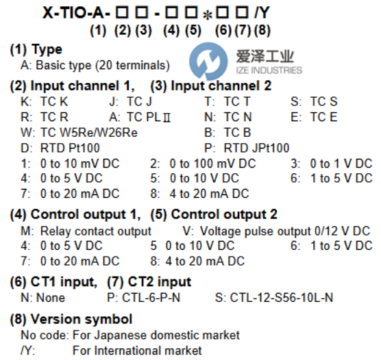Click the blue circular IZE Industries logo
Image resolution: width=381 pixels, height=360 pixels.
[x=208, y=61]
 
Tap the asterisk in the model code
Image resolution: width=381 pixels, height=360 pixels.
[x=207, y=16]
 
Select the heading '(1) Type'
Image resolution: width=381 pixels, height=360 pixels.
[x=36, y=50]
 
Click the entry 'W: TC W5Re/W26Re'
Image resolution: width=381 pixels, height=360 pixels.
[x=79, y=133]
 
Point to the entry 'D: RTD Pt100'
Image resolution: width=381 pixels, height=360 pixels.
[x=60, y=148]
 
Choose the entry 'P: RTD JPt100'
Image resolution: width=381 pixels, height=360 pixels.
[x=247, y=148]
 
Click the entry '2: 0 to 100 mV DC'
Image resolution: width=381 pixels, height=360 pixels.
[x=203, y=164]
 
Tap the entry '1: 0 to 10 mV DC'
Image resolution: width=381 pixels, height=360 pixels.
[x=70, y=164]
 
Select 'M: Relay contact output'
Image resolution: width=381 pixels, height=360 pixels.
[x=86, y=231]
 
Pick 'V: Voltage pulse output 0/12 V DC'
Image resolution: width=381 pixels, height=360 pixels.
[x=276, y=231]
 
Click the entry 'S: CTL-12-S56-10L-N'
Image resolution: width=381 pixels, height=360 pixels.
[x=274, y=298]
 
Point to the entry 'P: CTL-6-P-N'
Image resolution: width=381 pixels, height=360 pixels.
[x=144, y=298]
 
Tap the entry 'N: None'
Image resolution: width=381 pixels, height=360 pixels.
[x=43, y=298]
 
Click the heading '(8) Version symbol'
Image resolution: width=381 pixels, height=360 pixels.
[x=71, y=319]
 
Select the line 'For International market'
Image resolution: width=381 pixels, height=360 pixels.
[x=137, y=350]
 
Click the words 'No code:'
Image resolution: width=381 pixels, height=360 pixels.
[x=45, y=335]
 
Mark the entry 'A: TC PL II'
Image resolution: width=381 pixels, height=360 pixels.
[x=140, y=117]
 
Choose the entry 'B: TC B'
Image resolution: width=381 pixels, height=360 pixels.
[x=228, y=133]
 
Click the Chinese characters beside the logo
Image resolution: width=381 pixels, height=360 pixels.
[x=265, y=56]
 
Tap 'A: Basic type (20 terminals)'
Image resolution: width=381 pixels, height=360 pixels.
[x=95, y=65]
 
